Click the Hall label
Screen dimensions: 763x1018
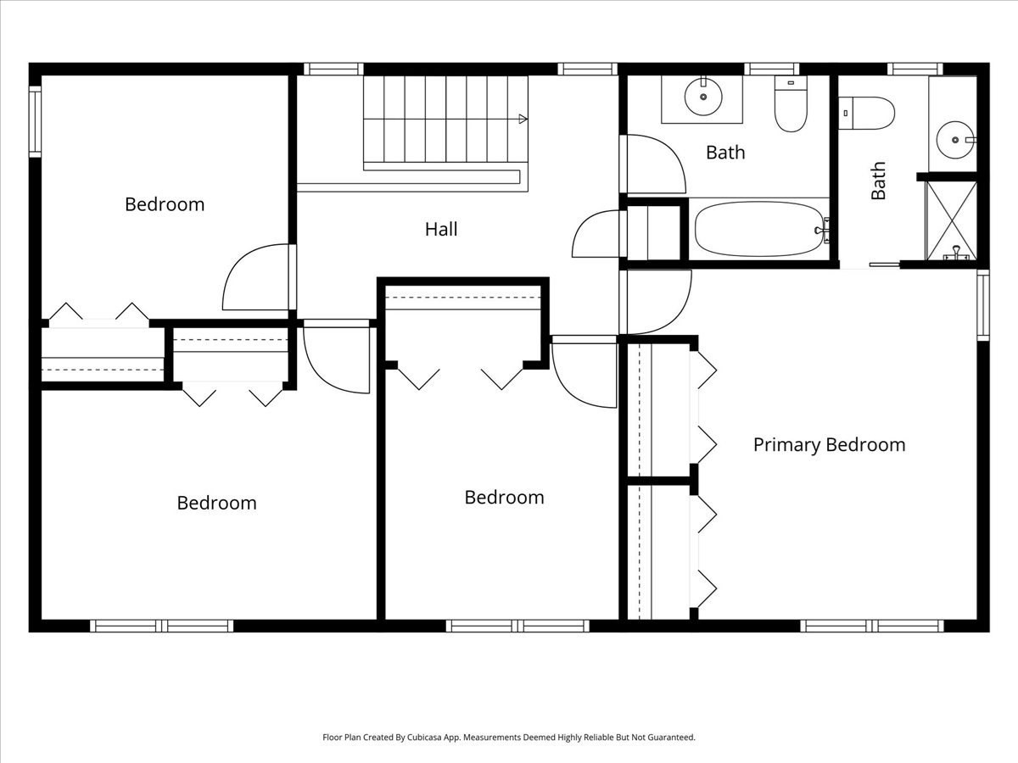441,229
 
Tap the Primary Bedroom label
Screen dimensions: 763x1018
829,445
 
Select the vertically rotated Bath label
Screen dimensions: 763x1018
878,181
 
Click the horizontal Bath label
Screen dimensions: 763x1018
725,153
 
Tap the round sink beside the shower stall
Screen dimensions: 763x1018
956,138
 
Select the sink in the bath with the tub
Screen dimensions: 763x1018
702,97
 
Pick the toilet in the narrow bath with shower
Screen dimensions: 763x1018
867,113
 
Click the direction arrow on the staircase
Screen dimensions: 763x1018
523,119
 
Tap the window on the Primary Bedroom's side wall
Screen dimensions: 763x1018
982,305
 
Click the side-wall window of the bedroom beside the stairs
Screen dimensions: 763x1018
35,122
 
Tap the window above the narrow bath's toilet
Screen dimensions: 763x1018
915,69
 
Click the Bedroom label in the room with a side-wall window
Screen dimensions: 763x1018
165,204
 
